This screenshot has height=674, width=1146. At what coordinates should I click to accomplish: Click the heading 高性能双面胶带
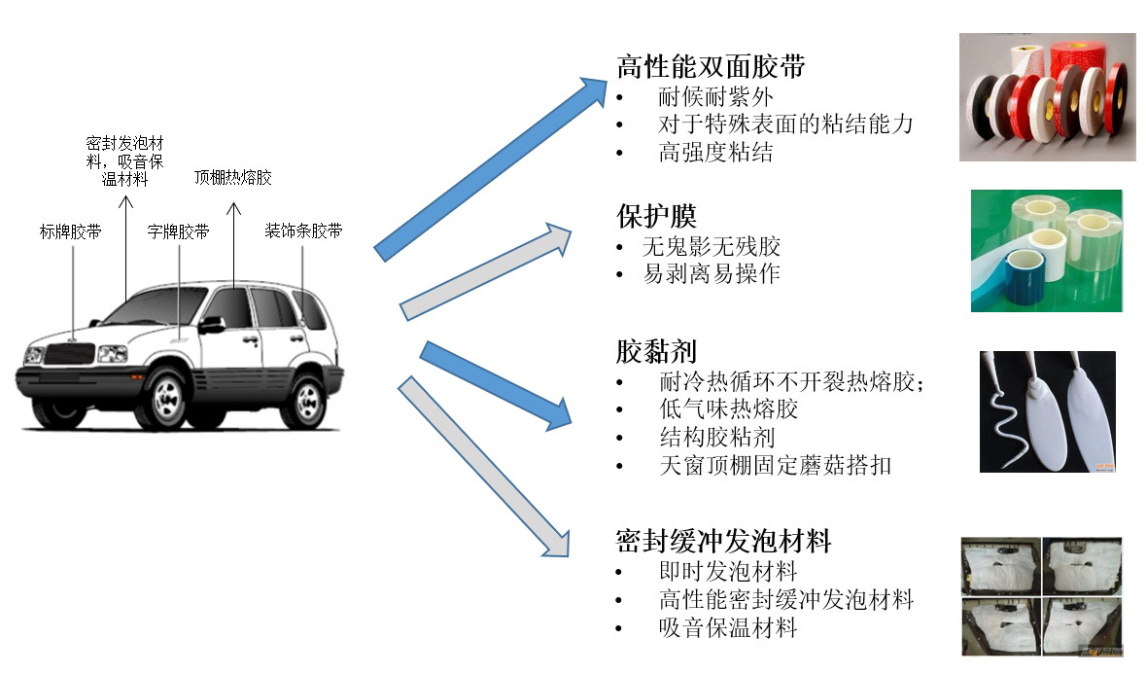pyautogui.click(x=711, y=66)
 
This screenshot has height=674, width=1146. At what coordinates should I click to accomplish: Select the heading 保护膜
pyautogui.click(x=656, y=216)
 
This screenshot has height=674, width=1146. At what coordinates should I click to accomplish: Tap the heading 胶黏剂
pyautogui.click(x=656, y=351)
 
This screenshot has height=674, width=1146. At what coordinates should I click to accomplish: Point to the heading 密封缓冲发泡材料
pyautogui.click(x=723, y=541)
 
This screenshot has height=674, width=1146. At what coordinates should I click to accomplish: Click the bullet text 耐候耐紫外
pyautogui.click(x=715, y=96)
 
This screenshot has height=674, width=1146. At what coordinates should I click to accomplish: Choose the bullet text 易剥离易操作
pyautogui.click(x=712, y=273)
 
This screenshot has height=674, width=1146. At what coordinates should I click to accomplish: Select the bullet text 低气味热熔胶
pyautogui.click(x=728, y=408)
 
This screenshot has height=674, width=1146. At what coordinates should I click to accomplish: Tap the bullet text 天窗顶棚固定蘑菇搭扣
pyautogui.click(x=775, y=465)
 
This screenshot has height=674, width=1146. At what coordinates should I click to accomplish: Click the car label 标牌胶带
pyautogui.click(x=70, y=232)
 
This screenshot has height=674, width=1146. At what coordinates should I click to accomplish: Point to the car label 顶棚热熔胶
pyautogui.click(x=233, y=178)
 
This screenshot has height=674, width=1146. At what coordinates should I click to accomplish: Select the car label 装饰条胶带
pyautogui.click(x=303, y=231)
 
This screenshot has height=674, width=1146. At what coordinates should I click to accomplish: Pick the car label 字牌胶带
pyautogui.click(x=178, y=232)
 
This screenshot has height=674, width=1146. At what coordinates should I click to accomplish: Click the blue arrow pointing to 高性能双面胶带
pyautogui.click(x=491, y=169)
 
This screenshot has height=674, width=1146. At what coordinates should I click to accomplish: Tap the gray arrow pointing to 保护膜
pyautogui.click(x=485, y=271)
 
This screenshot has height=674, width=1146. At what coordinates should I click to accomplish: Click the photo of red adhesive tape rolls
pyautogui.click(x=1047, y=96)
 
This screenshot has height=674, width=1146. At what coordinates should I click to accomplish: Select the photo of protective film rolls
pyautogui.click(x=1047, y=251)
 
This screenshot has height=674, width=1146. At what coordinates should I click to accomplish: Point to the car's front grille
pyautogui.click(x=69, y=354)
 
